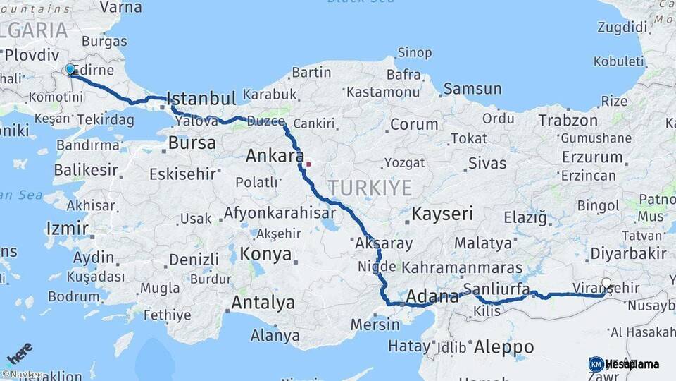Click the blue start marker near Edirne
coord(70,69)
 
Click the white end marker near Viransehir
coord(607,284)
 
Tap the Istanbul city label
coord(201,98)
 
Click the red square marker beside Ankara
coord(308,164)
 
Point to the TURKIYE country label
coord(370,188)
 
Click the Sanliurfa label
coord(496,289)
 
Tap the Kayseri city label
coord(442,214)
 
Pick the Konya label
coord(265,254)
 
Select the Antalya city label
coord(264,303)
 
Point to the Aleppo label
coord(503,347)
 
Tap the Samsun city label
coord(472,89)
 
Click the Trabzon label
coord(568,121)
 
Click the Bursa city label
coord(192,143)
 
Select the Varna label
coord(120,8)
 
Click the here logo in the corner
coord(20,353)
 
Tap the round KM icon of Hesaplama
coord(596,364)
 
